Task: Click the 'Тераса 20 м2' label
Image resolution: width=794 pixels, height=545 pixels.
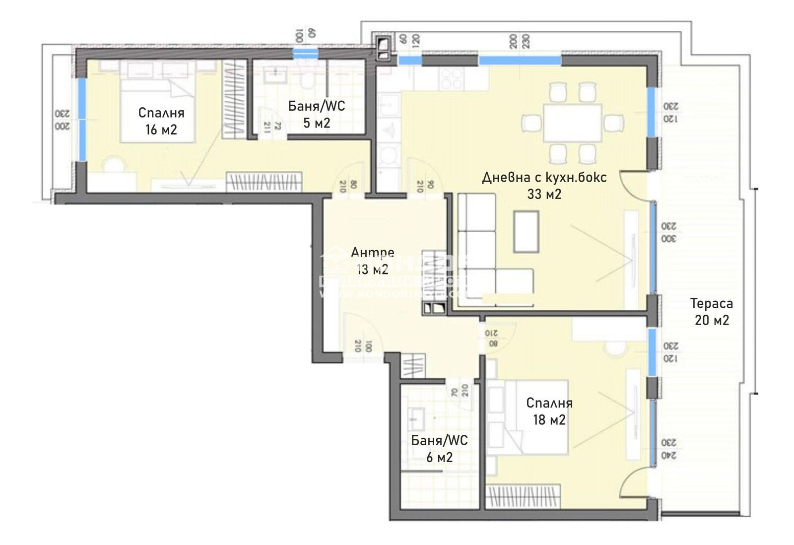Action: click(712, 311)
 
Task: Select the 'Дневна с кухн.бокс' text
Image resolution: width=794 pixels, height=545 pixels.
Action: click(544, 177)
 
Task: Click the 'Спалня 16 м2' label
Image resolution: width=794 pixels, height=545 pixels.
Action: click(161, 121)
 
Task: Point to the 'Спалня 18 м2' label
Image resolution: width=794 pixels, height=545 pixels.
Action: click(549, 411)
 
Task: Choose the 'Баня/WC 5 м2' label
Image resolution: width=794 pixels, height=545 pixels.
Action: click(317, 114)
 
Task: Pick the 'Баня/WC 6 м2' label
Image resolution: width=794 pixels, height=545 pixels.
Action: click(439, 448)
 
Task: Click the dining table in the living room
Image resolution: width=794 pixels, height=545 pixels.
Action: click(572, 122)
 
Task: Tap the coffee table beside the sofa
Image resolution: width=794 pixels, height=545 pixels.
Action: click(526, 231)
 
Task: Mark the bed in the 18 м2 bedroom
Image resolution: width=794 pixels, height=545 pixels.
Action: click(529, 417)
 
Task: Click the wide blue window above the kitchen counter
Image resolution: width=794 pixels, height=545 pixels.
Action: click(520, 61)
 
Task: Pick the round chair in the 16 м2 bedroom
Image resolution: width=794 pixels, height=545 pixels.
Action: click(114, 165)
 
